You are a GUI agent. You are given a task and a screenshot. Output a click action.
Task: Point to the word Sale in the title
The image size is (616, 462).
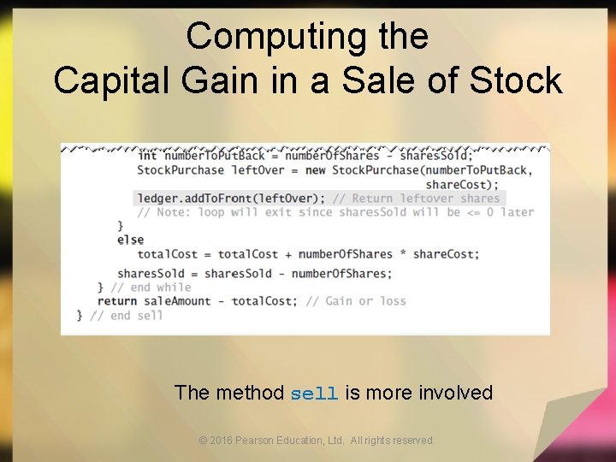[x=374, y=80]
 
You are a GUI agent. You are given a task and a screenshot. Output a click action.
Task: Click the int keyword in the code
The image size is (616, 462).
[x=147, y=156]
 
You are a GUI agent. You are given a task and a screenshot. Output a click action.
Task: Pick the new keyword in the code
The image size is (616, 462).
[x=315, y=169]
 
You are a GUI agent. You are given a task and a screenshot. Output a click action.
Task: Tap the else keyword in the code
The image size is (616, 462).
[x=130, y=240]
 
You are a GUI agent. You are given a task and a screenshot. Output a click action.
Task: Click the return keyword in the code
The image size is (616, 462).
[x=117, y=301]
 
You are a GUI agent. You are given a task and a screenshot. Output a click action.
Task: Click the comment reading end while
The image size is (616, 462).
[x=151, y=287]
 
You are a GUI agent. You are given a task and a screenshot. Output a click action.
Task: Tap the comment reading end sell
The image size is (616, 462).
[x=127, y=316]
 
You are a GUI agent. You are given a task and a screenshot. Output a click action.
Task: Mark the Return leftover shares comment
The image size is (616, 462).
[x=417, y=198]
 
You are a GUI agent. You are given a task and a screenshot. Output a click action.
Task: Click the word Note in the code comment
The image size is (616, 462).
[x=175, y=212]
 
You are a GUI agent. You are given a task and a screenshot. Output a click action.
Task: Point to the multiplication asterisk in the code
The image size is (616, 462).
[x=400, y=254]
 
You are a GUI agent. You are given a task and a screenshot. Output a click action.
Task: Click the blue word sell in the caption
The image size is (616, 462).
[x=314, y=394]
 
